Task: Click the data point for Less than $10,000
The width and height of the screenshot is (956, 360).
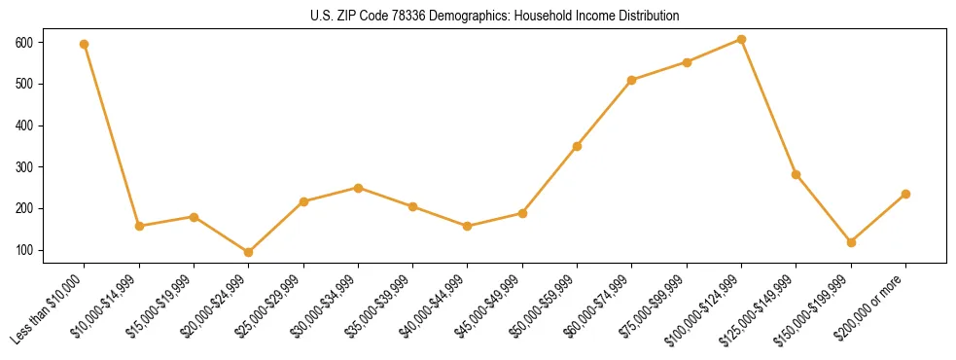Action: (x=85, y=44)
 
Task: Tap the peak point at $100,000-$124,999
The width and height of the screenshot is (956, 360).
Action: (x=741, y=40)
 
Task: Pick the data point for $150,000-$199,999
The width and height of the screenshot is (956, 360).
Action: (x=851, y=242)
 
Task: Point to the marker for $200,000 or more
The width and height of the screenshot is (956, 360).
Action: (x=905, y=194)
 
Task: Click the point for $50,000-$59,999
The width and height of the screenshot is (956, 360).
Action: (x=578, y=146)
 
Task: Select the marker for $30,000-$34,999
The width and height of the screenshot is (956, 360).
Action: (x=358, y=188)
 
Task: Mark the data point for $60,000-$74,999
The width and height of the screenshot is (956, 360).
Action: (x=632, y=80)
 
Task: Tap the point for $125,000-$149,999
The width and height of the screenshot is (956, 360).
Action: (x=797, y=174)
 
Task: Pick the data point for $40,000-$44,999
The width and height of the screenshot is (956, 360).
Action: (x=468, y=226)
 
